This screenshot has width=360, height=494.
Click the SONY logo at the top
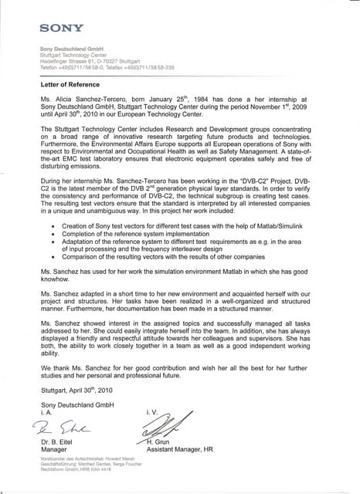pyautogui.click(x=62, y=28)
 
